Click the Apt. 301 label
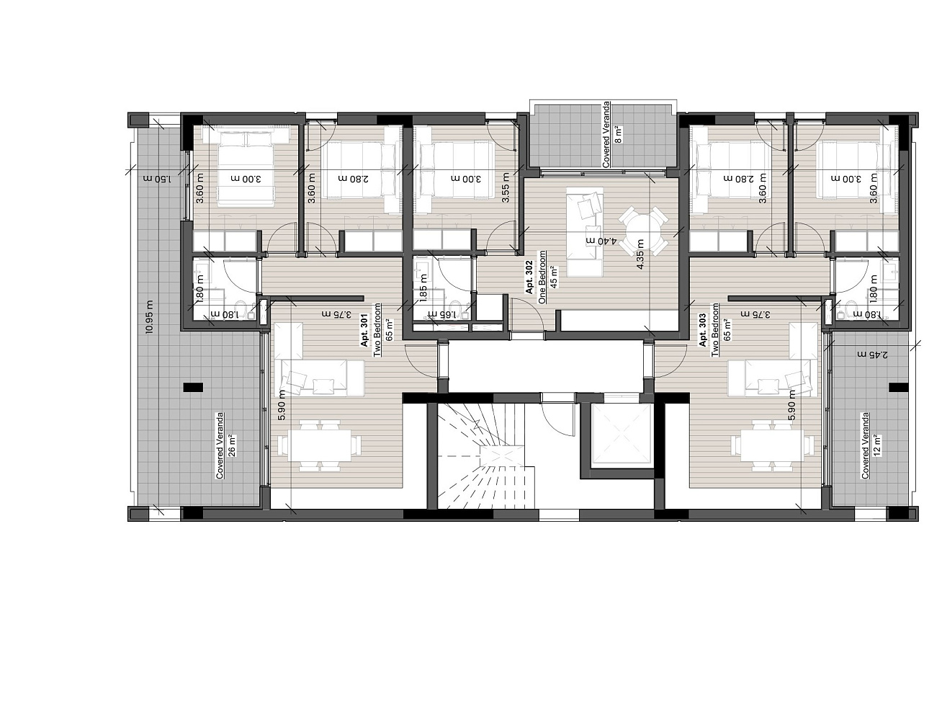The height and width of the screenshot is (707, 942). coord(364,331)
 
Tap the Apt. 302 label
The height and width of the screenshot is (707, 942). coord(529,277)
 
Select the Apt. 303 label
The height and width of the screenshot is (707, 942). coord(702,331)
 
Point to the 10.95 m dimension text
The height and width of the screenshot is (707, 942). coord(149,317)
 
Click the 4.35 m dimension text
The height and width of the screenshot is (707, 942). coord(640,254)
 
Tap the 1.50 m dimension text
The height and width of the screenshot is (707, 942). coord(156,179)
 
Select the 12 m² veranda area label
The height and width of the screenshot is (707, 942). coord(876,445)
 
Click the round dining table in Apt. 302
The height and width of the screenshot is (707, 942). coord(643,231)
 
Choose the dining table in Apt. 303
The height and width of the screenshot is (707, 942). coord(773,446)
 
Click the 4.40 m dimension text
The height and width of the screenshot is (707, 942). coord(601,241)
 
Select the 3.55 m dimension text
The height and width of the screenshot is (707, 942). coord(506,187)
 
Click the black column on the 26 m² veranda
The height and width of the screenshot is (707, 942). coord(194,388)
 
